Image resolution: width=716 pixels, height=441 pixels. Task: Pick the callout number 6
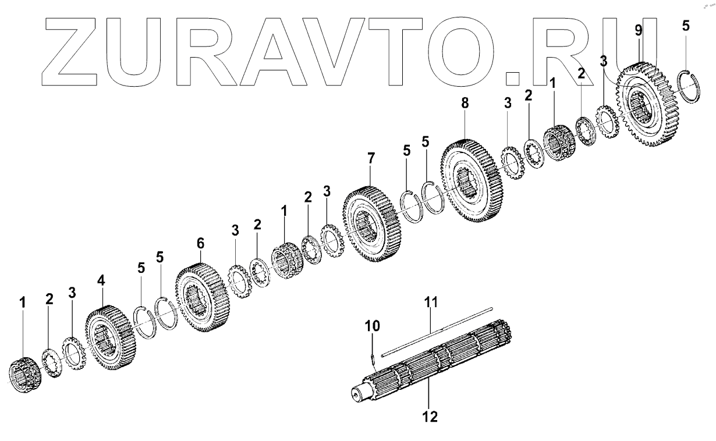(200, 241)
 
